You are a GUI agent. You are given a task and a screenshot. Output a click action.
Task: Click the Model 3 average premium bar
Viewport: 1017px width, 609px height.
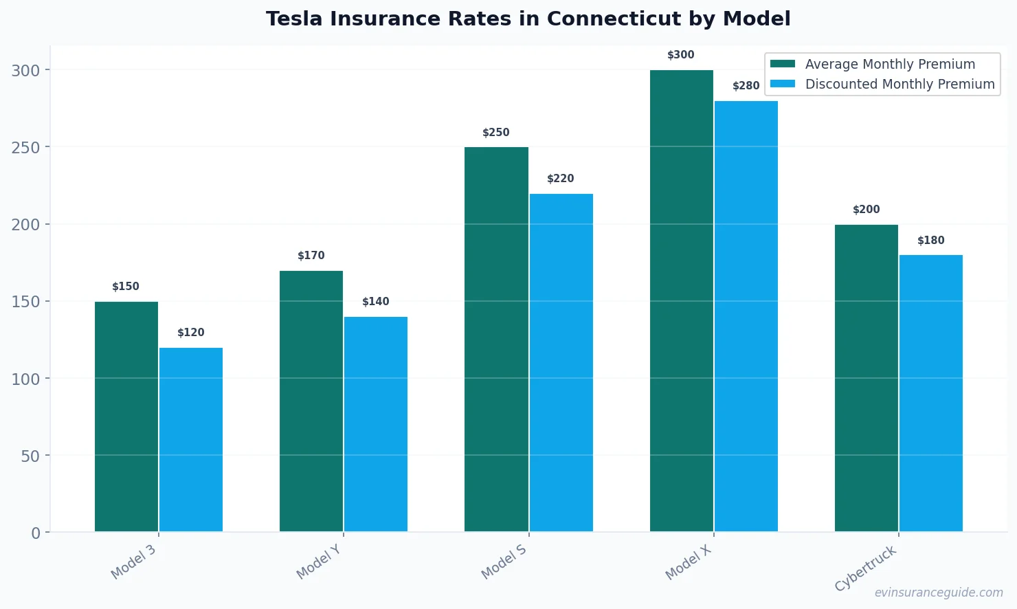(126, 417)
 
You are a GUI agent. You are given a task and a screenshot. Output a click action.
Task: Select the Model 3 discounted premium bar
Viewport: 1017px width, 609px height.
(191, 440)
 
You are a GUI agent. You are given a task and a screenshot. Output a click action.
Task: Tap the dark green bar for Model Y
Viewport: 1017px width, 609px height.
(311, 401)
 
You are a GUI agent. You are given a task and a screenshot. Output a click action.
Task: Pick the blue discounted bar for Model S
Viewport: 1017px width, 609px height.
(561, 363)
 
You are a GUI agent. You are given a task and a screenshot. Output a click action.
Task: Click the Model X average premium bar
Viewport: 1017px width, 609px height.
(681, 301)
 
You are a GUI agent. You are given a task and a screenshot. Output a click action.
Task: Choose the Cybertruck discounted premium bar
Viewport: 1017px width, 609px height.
(930, 393)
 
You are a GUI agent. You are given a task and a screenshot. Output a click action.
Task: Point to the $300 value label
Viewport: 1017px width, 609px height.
(681, 55)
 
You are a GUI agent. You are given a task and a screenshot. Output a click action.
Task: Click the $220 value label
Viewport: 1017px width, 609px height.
(561, 179)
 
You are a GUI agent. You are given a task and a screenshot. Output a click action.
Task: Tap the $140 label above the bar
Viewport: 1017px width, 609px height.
(376, 302)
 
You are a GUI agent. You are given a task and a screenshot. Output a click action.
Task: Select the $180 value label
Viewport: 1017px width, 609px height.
(930, 241)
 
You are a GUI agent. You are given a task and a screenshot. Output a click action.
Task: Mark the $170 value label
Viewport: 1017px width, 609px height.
(311, 256)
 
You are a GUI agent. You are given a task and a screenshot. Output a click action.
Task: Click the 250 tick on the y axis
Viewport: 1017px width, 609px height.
(25, 148)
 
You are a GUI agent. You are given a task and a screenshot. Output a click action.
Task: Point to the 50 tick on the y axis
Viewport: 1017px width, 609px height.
(30, 456)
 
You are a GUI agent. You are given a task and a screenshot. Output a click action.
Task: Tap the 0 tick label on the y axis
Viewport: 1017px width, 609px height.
(36, 533)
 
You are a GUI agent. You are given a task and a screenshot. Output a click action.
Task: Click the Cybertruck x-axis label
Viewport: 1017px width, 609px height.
(866, 568)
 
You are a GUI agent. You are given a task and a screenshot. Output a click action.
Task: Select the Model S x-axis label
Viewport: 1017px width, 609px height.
(504, 562)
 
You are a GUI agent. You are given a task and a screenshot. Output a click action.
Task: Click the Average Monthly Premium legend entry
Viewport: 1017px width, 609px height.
(889, 64)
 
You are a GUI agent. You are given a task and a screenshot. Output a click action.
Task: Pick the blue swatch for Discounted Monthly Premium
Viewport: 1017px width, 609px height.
(783, 84)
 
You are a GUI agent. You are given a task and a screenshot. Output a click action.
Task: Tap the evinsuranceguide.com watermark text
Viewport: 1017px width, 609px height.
(938, 593)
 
